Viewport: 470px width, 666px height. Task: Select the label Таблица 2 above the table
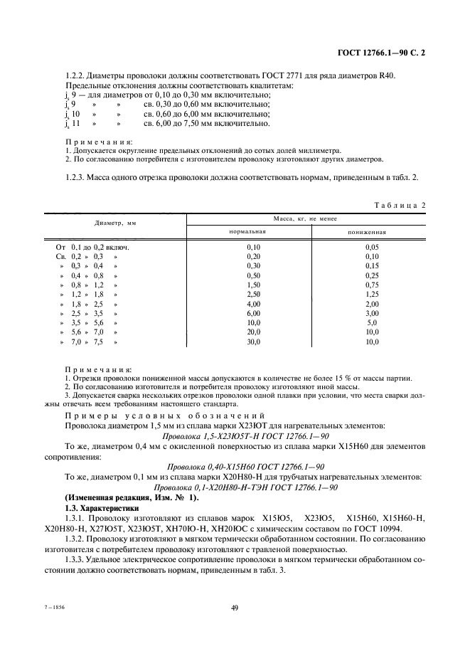pyautogui.click(x=400, y=205)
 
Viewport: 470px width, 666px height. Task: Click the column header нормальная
pyautogui.click(x=247, y=232)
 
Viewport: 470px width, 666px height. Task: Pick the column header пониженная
pyautogui.click(x=366, y=232)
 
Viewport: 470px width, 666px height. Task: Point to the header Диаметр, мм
pyautogui.click(x=115, y=223)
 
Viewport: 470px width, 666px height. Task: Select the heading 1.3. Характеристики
pyautogui.click(x=95, y=510)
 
